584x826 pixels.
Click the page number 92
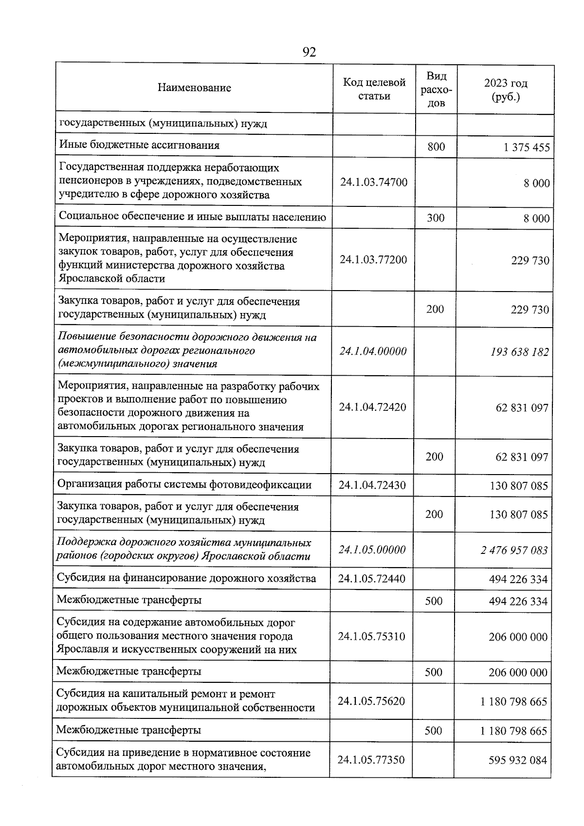[x=309, y=52]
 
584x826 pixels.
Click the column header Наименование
[x=194, y=88]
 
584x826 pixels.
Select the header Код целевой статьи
[x=374, y=89]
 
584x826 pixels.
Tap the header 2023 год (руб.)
[x=506, y=90]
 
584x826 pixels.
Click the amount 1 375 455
[x=527, y=147]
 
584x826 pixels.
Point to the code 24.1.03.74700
[x=374, y=183]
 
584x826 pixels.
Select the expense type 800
[x=436, y=147]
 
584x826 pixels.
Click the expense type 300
[x=436, y=218]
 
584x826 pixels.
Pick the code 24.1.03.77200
[x=373, y=259]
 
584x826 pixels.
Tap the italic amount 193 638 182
[x=520, y=352]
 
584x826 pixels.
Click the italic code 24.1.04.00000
[x=373, y=351]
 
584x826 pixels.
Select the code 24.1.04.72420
[x=372, y=407]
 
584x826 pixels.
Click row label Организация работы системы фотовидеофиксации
[x=184, y=484]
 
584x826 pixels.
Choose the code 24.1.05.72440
[x=372, y=579]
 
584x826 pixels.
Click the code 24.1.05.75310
[x=371, y=636]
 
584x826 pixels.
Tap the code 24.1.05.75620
[x=371, y=701]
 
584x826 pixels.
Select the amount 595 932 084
[x=518, y=760]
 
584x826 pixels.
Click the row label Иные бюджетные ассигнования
[x=139, y=145]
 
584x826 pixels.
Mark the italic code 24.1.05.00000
[x=372, y=550]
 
